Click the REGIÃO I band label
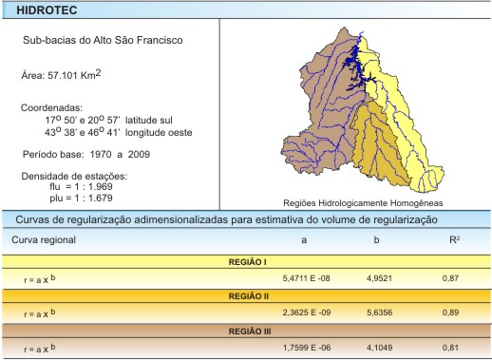(x=246, y=260)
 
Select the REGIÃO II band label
(x=246, y=295)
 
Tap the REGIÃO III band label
(x=246, y=332)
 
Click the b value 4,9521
(x=380, y=276)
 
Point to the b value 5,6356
(x=380, y=313)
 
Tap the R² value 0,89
(x=454, y=313)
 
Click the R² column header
(x=455, y=240)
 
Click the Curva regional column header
(x=44, y=240)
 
